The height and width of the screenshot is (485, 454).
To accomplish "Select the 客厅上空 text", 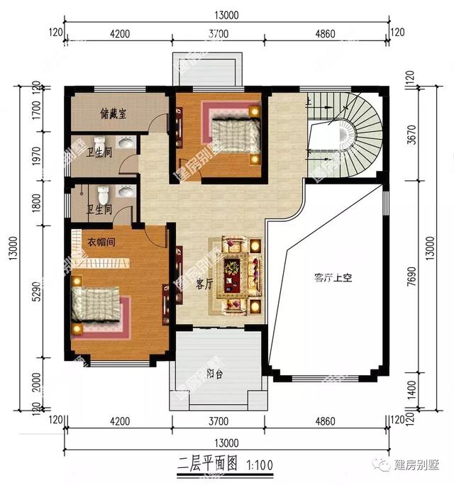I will (x=333, y=279).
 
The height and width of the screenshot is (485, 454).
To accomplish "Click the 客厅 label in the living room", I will (x=205, y=284).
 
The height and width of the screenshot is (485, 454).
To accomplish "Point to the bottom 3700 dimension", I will (x=218, y=422).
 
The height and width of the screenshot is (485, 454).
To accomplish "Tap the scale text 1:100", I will (x=262, y=466).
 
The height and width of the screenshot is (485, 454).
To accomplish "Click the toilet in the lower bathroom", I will (x=104, y=193).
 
